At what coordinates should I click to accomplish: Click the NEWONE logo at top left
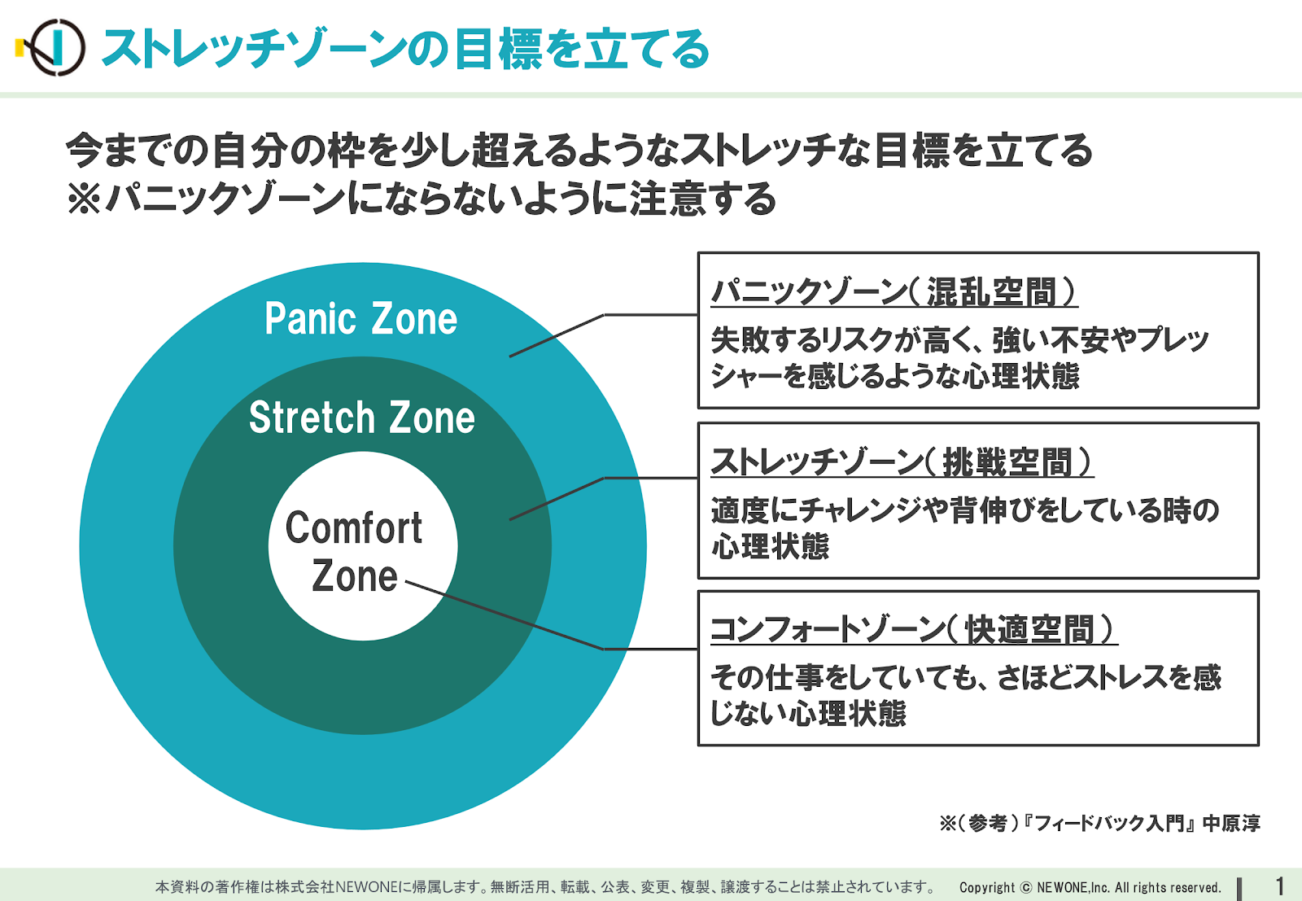(x=51, y=48)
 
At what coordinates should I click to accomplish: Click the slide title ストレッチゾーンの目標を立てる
(x=406, y=49)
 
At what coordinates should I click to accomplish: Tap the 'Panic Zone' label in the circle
(x=361, y=318)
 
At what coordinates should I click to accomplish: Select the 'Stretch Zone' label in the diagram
(x=361, y=417)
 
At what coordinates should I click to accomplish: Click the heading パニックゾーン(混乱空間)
(x=894, y=291)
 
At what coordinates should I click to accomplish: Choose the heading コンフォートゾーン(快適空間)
(x=915, y=629)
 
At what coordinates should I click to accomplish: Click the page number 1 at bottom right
(x=1279, y=886)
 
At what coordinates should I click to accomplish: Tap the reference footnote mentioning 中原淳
(x=1099, y=823)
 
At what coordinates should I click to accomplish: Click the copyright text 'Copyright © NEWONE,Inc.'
(x=1090, y=888)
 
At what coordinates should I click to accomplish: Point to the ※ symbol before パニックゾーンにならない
(x=84, y=199)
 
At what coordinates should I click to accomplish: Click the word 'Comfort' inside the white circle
(x=353, y=527)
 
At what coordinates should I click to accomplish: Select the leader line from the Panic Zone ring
(x=603, y=326)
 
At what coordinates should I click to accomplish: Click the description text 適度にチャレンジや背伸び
(x=964, y=527)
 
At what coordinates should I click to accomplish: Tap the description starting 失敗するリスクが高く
(x=959, y=357)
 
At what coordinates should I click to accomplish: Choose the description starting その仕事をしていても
(x=966, y=694)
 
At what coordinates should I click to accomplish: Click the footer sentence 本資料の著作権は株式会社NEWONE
(x=545, y=887)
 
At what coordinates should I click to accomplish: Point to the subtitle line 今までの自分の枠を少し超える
(x=579, y=150)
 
